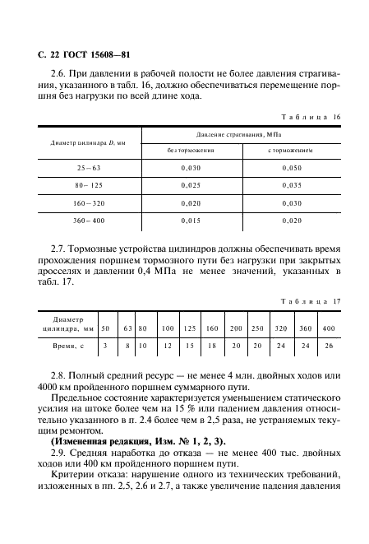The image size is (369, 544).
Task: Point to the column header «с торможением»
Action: tap(291, 151)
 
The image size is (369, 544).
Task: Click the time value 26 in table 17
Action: tap(329, 346)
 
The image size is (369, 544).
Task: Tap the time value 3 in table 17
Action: tap(105, 346)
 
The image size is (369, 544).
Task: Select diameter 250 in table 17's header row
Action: tap(258, 328)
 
